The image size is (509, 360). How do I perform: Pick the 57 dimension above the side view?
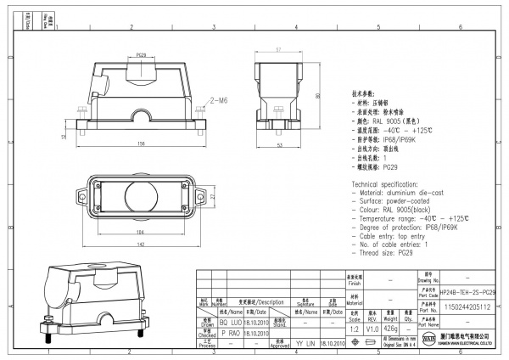278,50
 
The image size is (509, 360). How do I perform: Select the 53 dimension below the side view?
279,145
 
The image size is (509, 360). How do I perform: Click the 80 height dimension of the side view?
316,96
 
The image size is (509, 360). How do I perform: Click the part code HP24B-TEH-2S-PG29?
468,291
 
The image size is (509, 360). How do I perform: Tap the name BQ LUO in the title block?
216,323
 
